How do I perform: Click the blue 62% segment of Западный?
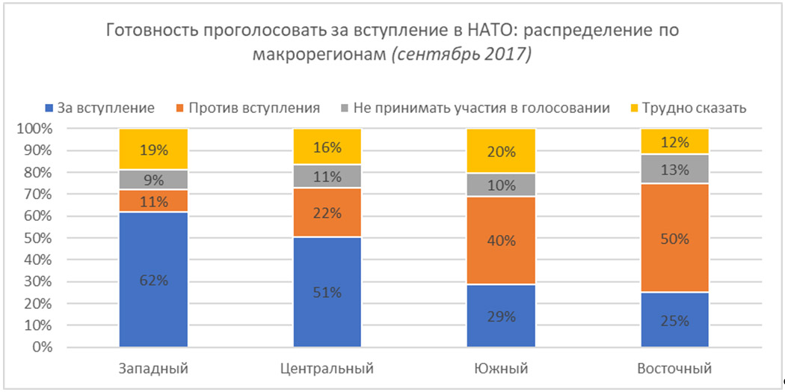coord(153,281)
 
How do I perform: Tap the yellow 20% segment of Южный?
coord(500,151)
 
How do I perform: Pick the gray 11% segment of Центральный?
coord(327,177)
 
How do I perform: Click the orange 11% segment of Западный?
coord(153,200)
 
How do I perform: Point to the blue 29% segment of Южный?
coord(500,316)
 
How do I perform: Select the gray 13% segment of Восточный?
coord(674,169)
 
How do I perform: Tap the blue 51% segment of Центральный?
coord(327,293)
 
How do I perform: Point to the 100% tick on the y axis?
coord(34,129)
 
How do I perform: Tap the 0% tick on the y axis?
coord(42,348)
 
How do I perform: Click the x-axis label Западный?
coord(153,369)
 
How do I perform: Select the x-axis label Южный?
coord(500,369)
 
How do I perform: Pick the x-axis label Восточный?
coord(674,369)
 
